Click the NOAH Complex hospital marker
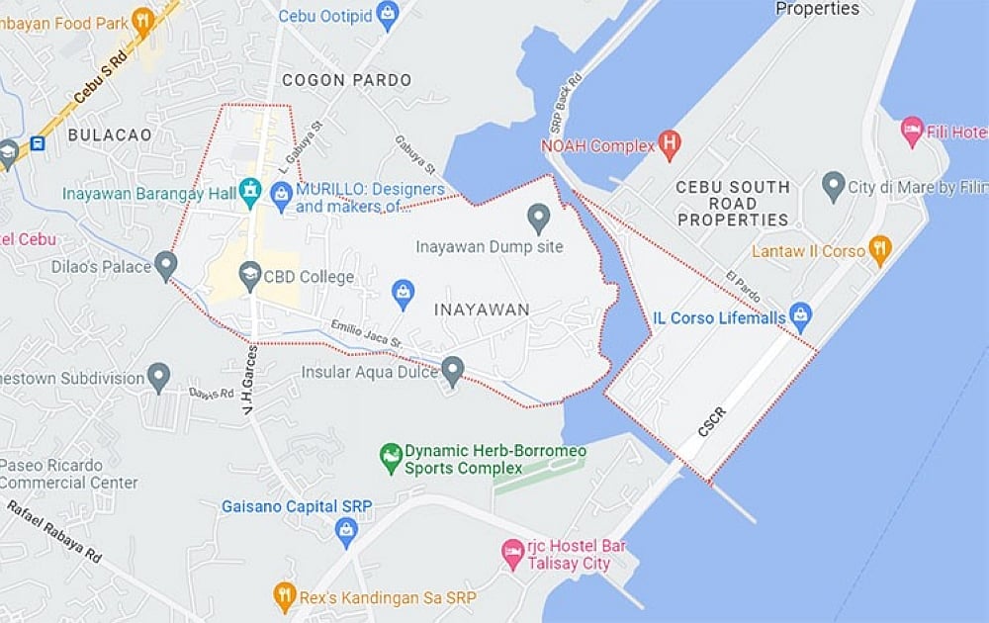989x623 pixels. [670, 144]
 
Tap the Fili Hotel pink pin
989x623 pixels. [912, 129]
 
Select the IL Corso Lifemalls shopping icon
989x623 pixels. [800, 317]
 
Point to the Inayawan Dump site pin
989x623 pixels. [538, 216]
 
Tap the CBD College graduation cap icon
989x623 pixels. [249, 276]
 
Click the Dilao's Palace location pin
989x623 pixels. [165, 265]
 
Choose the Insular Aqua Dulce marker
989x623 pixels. [452, 370]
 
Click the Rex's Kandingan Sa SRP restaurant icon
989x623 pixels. [285, 595]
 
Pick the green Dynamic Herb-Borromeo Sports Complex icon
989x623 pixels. [392, 457]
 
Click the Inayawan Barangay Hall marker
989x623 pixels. [250, 192]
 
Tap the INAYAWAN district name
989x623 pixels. [482, 310]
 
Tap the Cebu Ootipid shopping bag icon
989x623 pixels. [388, 14]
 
